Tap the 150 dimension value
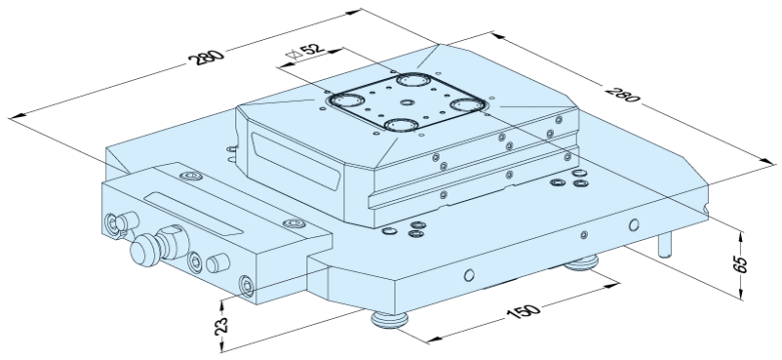click(524, 311)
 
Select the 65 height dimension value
click(742, 264)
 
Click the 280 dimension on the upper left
click(206, 57)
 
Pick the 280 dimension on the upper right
click(622, 94)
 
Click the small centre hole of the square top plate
click(408, 102)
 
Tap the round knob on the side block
click(144, 250)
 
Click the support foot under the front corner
click(389, 320)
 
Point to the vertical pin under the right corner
click(665, 244)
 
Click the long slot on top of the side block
click(193, 214)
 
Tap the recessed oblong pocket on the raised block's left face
click(296, 160)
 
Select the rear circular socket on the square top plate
click(414, 80)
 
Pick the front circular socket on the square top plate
click(401, 124)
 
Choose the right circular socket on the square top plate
click(468, 105)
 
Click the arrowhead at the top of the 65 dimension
click(742, 236)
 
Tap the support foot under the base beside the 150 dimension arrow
click(581, 262)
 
